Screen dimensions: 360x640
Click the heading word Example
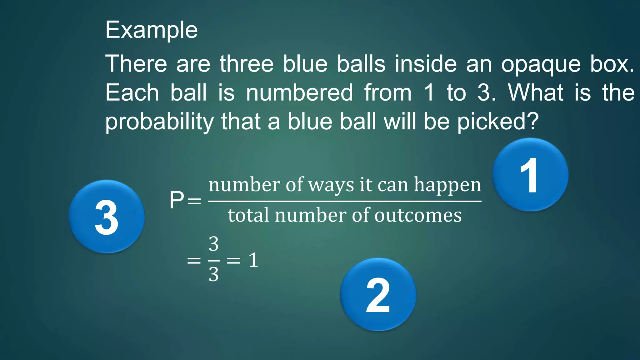pos(152,30)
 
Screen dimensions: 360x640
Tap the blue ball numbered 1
pos(530,175)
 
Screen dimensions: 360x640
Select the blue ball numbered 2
pos(378,294)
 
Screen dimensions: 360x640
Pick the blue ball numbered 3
pos(107,217)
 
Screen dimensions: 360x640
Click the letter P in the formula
pos(177,200)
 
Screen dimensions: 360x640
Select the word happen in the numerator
pos(447,185)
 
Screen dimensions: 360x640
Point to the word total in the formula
pos(248,215)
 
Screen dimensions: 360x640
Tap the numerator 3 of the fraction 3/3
pos(214,244)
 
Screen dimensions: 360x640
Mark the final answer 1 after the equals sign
pos(253,260)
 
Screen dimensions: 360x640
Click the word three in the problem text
pos(247,64)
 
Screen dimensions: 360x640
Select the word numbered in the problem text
pos(299,93)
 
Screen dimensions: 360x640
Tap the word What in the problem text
pos(536,93)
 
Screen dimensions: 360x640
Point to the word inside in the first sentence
pos(425,64)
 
